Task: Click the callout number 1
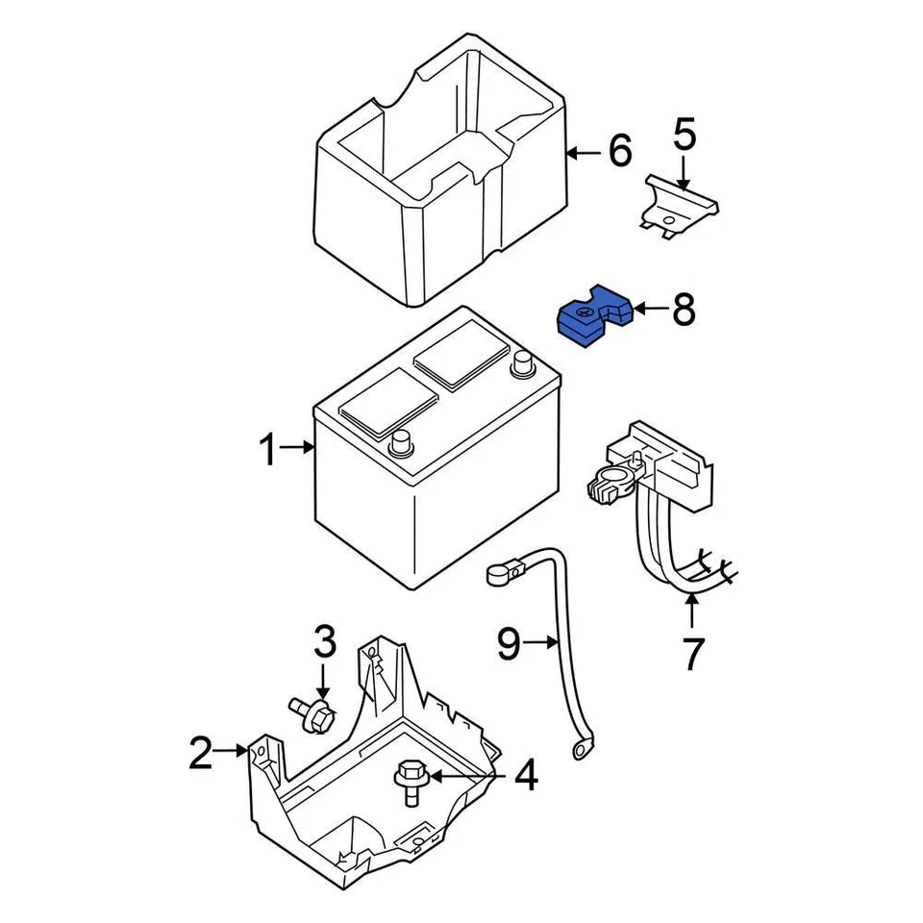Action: tap(270, 450)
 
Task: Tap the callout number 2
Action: tap(200, 752)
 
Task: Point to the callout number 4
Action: tap(525, 776)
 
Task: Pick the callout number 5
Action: tap(684, 136)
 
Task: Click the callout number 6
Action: tap(619, 151)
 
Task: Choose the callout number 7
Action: tap(692, 653)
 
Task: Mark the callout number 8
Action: tap(683, 310)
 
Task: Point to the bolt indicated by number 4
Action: tap(411, 777)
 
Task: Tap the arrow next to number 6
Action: tap(582, 152)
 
